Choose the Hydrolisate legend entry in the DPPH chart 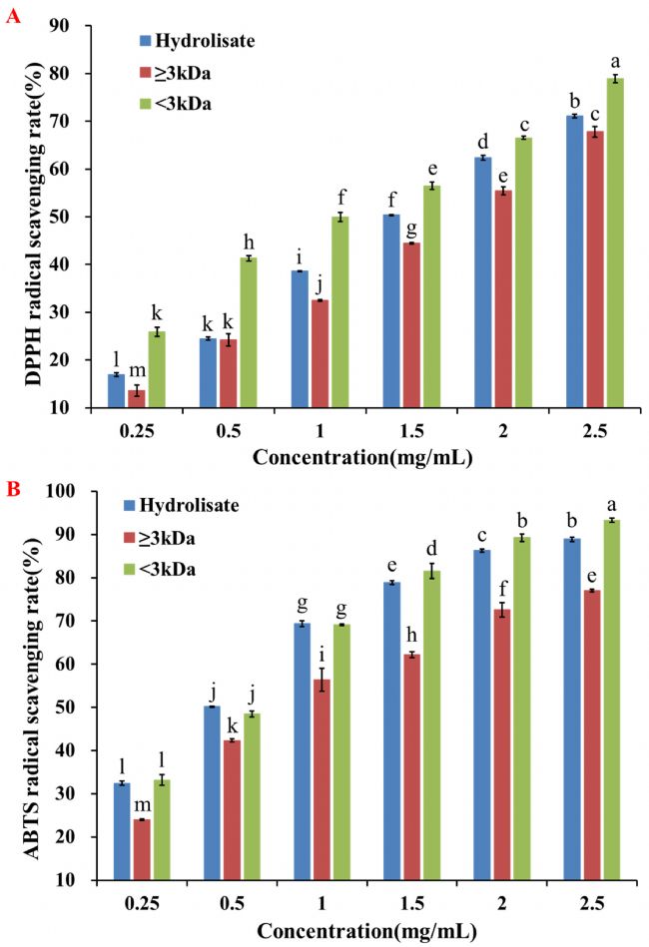[195, 41]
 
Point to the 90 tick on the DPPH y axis [77, 25]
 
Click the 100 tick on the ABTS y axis [73, 492]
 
